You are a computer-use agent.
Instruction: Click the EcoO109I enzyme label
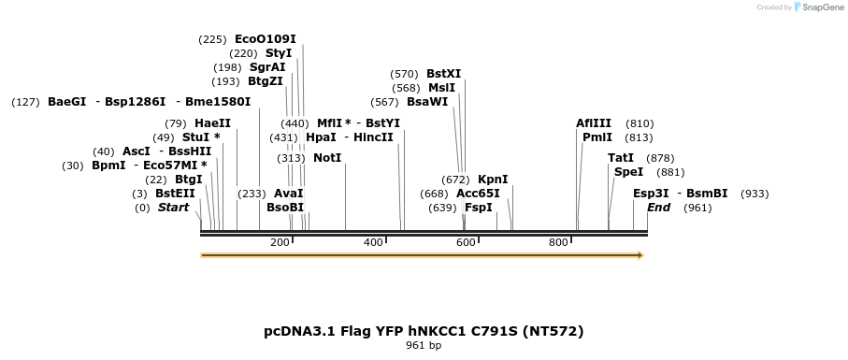pos(265,39)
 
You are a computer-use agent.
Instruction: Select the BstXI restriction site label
pos(443,74)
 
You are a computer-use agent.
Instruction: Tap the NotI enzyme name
pos(327,158)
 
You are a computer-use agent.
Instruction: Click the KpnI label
pos(493,180)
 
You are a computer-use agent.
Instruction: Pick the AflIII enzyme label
pos(594,123)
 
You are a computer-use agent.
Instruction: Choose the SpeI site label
pos(628,172)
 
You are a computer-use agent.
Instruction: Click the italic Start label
pos(173,208)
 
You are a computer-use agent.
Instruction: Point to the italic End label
pos(658,208)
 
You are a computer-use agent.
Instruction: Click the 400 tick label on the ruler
pos(373,243)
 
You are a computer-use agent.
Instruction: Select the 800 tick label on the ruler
pos(558,243)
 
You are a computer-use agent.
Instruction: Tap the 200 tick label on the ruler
pos(280,243)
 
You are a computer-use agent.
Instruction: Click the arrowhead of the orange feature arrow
pos(640,254)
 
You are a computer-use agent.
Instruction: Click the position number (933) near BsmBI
pos(755,194)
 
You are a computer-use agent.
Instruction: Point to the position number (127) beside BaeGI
pos(25,102)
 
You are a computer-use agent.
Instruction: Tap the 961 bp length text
pos(424,346)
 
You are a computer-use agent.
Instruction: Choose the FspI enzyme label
pos(478,208)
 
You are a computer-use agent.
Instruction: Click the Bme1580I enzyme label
pos(218,102)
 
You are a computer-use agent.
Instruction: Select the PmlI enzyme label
pos(597,137)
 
